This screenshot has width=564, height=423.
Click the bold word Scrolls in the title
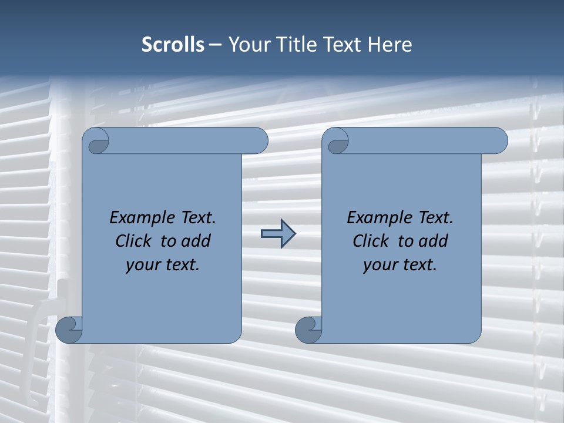point(173,45)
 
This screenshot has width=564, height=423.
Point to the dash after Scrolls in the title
point(216,45)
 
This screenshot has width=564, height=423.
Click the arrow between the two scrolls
point(278,234)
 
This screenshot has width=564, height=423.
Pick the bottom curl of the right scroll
point(309,330)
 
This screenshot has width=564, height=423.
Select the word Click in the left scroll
point(135,241)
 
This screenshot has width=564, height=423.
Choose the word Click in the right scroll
point(372,241)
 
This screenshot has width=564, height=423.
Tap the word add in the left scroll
point(196,241)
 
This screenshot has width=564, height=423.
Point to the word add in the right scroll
point(433,241)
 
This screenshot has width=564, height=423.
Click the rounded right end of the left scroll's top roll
point(258,141)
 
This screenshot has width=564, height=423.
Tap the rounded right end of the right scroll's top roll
point(498,141)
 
